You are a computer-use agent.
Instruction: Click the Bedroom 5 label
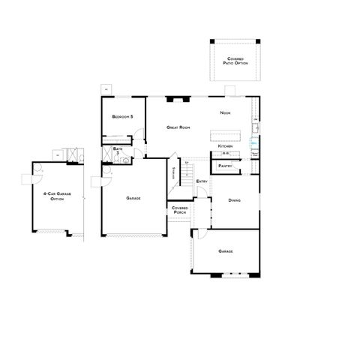(x=122, y=117)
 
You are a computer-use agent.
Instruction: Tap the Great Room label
(x=178, y=127)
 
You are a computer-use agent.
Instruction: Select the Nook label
(x=224, y=112)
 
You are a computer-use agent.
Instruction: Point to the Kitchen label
(x=226, y=145)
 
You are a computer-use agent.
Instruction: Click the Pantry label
(x=224, y=165)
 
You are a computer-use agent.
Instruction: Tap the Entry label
(x=202, y=181)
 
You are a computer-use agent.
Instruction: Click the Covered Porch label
(x=180, y=211)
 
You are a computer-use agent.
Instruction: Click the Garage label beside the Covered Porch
(x=134, y=198)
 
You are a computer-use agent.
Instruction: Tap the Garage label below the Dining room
(x=226, y=250)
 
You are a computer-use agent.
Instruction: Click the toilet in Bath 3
(x=127, y=158)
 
